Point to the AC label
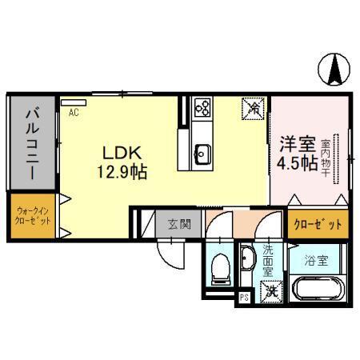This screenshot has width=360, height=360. tap(73, 113)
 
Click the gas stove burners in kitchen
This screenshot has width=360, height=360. tap(202, 106)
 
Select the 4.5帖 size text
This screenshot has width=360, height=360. tap(294, 164)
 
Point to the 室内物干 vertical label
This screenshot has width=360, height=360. tap(337, 157)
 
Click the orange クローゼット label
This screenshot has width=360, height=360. tap(316, 224)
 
